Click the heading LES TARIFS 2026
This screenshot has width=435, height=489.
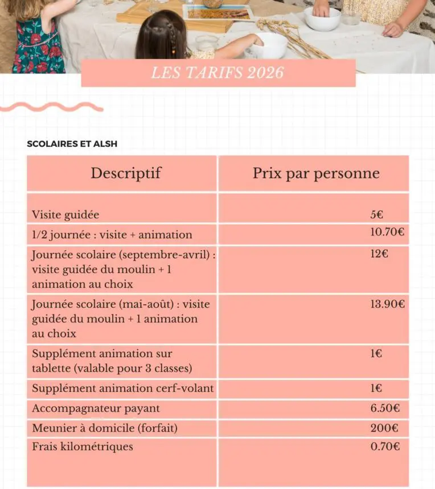click(218, 73)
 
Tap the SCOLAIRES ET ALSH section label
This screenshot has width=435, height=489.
click(72, 144)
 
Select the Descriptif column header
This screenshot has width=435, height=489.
click(126, 173)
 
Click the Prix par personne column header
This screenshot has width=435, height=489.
click(316, 173)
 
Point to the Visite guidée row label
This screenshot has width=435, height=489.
click(65, 215)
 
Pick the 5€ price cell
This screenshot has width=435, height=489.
click(376, 214)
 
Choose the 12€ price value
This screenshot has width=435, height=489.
click(379, 254)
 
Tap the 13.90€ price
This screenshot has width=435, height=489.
click(387, 304)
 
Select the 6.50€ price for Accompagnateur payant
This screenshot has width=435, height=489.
click(385, 408)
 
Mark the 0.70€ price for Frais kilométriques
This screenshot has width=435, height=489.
click(385, 446)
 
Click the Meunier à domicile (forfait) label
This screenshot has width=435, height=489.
click(105, 428)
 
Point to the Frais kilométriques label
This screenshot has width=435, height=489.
click(83, 446)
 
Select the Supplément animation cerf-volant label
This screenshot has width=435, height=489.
click(123, 388)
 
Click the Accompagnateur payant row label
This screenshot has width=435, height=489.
click(96, 408)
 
